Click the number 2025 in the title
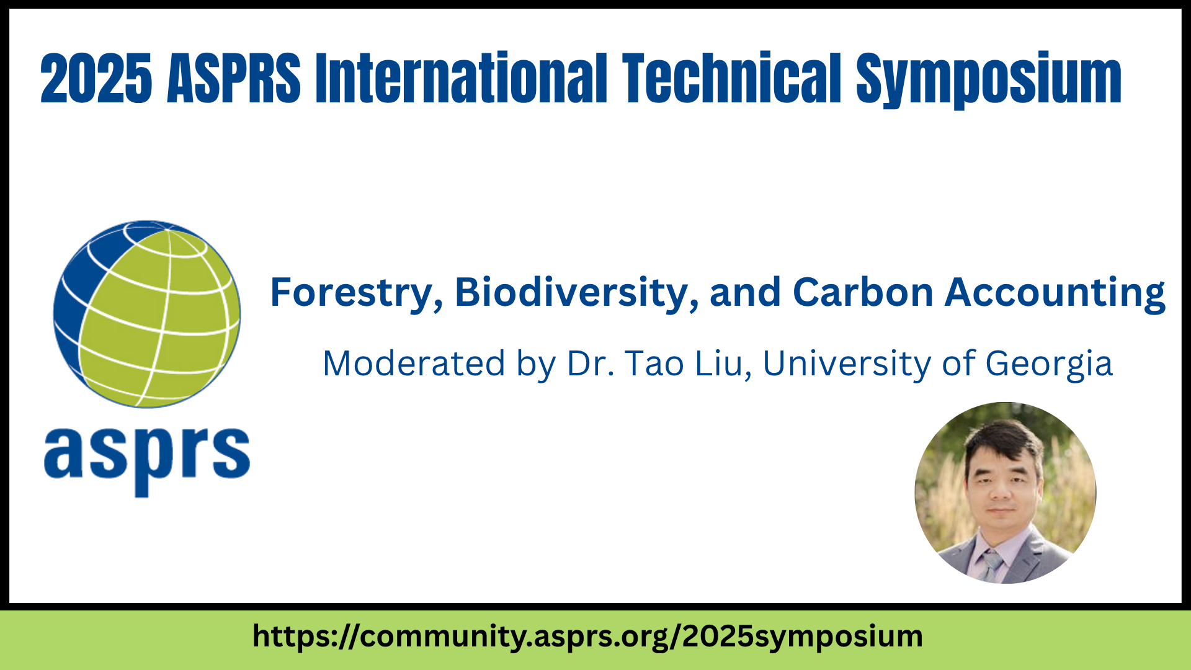point(96,78)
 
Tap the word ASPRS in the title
point(234,78)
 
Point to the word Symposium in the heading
point(989,81)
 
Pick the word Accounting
point(1055,293)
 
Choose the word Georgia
point(1049,364)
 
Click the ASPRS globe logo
point(147,314)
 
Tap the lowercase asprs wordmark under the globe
point(147,460)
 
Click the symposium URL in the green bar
point(587,637)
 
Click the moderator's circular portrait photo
point(1006,493)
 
